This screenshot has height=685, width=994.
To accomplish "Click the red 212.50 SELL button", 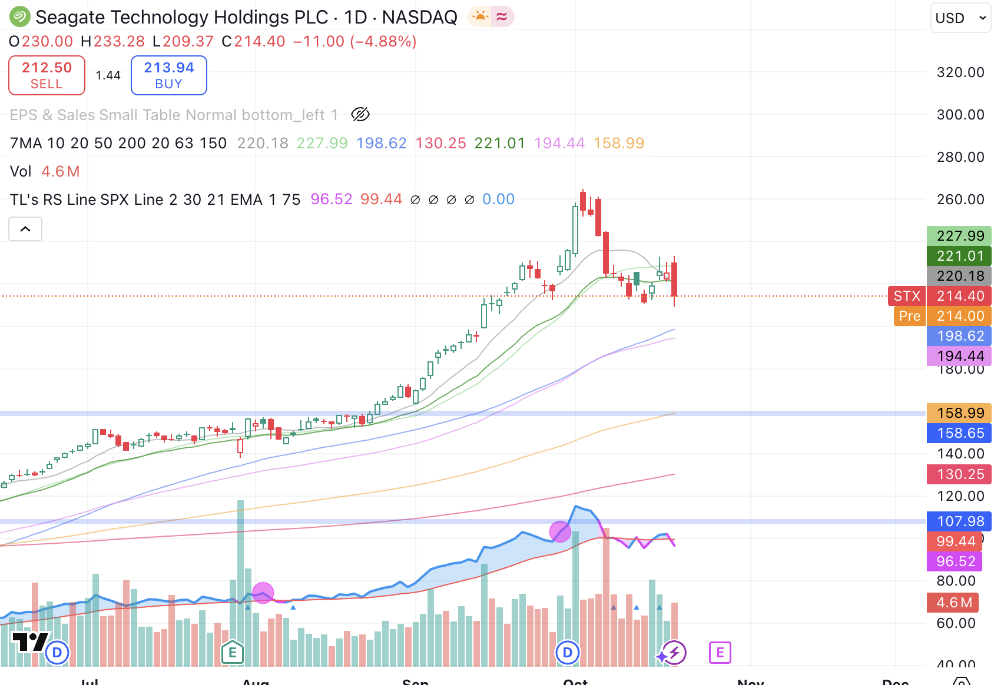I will point(47,75).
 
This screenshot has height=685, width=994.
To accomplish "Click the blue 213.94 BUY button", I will point(168,75).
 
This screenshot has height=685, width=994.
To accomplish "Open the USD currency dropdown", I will point(960,18).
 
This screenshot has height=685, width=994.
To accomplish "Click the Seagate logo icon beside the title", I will point(19,17).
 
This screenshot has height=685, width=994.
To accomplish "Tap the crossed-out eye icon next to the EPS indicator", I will point(360,114).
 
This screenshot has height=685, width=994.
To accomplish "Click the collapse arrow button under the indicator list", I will point(25,229).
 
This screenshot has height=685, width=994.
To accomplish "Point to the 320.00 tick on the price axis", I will point(960,72).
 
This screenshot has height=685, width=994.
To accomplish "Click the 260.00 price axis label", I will point(960,199).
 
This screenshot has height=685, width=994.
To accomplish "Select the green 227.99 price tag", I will point(959,236).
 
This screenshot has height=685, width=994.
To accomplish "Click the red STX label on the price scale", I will point(906,296).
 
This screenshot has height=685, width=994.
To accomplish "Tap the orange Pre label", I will point(909,316).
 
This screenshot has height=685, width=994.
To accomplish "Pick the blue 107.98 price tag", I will point(959,521).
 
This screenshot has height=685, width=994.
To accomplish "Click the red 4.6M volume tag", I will point(953,603).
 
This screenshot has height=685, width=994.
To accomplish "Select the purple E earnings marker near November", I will point(720,653).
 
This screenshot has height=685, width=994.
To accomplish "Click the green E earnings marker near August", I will point(233,652).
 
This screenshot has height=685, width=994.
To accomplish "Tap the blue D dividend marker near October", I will point(568,652).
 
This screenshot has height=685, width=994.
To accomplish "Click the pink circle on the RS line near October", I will point(560,531).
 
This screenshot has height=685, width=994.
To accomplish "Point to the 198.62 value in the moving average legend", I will point(381,143).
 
